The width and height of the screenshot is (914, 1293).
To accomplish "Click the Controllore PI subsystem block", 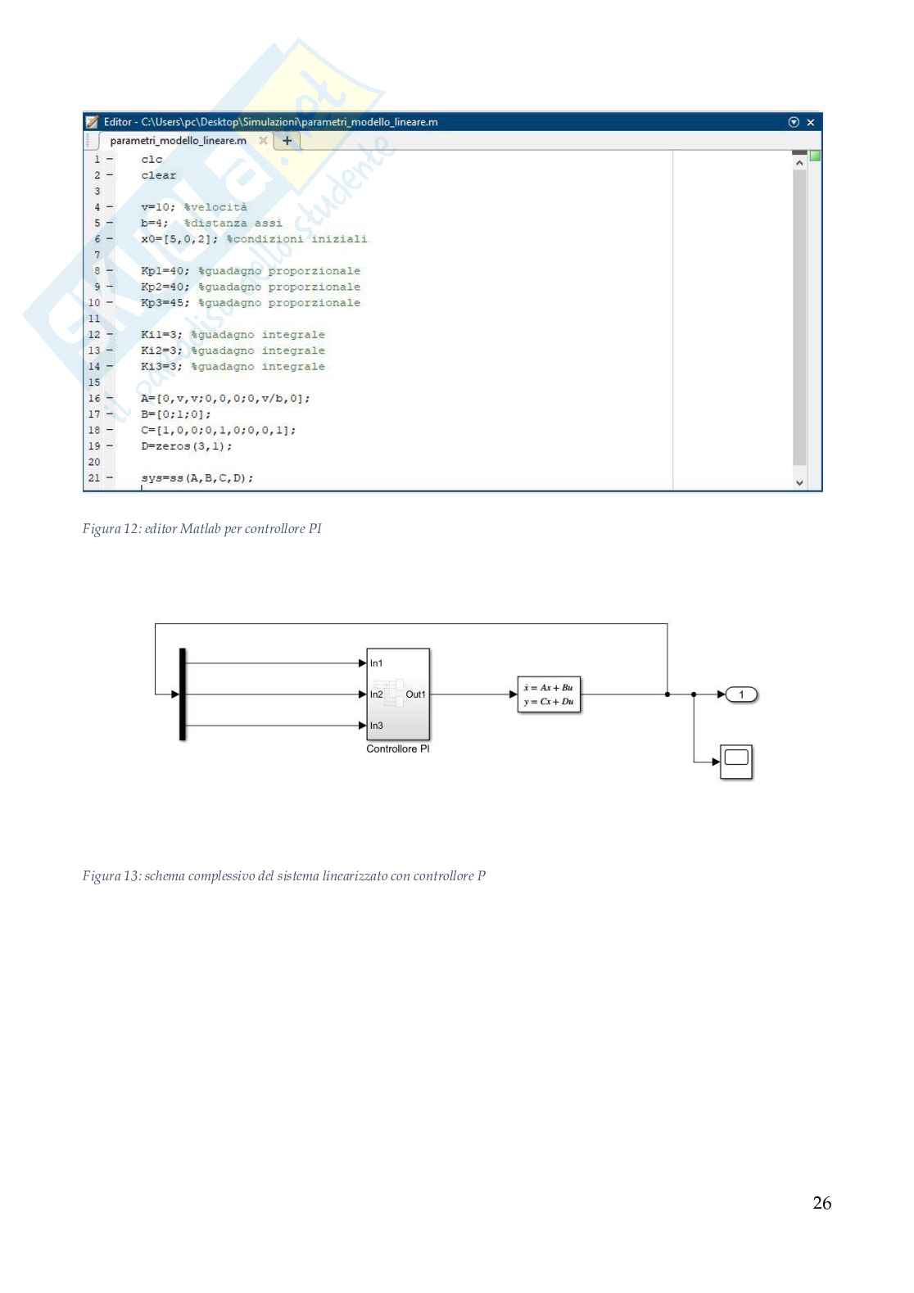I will (398, 694).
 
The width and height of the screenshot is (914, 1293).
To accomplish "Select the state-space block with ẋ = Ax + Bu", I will (549, 694).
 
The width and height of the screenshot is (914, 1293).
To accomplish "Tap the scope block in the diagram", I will (735, 762).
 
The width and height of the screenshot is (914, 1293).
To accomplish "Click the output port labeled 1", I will (741, 694).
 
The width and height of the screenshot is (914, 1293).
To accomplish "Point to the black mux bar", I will (183, 694).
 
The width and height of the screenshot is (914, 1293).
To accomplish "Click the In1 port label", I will (376, 663).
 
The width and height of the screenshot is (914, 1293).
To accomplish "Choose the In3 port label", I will (376, 726).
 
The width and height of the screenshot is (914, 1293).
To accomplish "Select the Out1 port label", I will (415, 694).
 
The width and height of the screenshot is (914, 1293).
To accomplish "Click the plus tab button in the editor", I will (287, 141).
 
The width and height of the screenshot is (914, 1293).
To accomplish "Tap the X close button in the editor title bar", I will (811, 122).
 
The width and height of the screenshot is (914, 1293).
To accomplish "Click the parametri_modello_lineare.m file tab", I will (179, 141).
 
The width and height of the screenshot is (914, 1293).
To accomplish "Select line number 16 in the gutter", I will (94, 399).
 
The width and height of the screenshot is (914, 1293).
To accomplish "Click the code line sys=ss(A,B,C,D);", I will (197, 478).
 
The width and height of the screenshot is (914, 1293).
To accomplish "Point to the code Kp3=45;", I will (165, 303).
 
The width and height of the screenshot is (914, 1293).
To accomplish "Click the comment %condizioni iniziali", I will (296, 239).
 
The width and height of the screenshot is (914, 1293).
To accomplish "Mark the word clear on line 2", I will (158, 175).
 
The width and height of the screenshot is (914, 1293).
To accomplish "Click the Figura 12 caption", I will (201, 529).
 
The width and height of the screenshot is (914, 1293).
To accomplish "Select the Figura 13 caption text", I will (283, 876).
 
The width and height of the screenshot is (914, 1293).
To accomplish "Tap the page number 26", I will (821, 1203).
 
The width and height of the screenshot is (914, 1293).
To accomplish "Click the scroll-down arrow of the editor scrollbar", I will (799, 483).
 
